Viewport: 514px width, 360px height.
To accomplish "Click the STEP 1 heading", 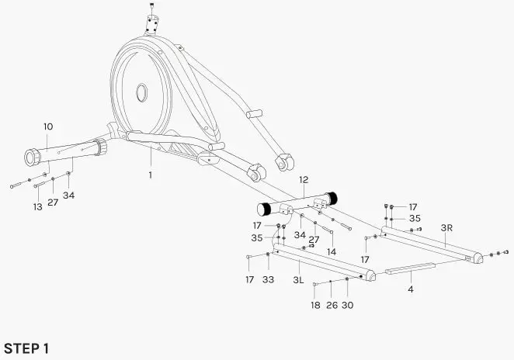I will (27, 348).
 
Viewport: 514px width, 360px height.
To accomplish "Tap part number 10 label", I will (48, 126).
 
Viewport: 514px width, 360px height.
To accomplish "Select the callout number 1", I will (151, 175).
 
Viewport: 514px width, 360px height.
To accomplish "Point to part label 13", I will (37, 207).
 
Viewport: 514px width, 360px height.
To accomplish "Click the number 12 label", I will (304, 180).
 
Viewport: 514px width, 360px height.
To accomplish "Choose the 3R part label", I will (446, 228).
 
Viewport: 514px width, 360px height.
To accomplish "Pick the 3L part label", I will (298, 279).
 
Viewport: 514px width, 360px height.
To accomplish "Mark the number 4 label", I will (411, 289).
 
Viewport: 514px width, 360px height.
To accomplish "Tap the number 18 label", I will (315, 305).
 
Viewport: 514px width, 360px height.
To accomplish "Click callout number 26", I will (331, 305).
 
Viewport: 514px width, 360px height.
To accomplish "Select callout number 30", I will (347, 305).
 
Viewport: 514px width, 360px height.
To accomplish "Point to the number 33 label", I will (268, 279).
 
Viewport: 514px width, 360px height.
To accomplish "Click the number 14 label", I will (332, 252).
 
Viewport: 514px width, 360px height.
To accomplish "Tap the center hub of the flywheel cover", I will (142, 92).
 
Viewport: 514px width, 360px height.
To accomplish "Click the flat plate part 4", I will (411, 269).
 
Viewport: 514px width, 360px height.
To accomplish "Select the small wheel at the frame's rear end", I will (286, 164).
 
